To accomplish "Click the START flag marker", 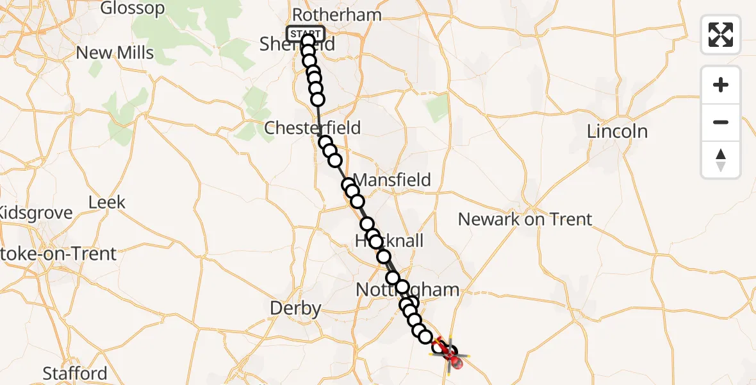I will [x=306, y=33].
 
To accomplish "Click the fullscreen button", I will [x=721, y=34].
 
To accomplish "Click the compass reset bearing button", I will [x=721, y=160].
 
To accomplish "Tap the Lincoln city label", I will [x=618, y=132].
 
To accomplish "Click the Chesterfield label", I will [x=313, y=128].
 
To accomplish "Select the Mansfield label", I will [x=392, y=180].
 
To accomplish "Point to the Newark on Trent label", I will [x=525, y=219].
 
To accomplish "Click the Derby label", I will [x=295, y=309].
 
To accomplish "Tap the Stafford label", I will [x=75, y=373].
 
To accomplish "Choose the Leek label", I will [x=106, y=203].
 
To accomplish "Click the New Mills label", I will [x=115, y=53].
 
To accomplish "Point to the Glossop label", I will [x=132, y=9].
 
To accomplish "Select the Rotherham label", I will [x=336, y=15].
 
